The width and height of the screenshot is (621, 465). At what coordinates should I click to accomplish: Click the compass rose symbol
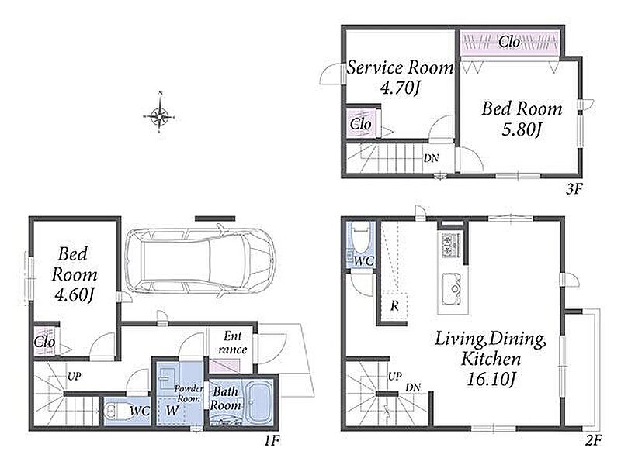(159, 117)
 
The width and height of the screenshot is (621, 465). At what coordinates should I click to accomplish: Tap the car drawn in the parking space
(200, 261)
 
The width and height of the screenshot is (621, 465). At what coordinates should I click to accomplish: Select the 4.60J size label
(74, 294)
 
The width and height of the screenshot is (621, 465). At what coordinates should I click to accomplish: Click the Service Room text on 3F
(401, 67)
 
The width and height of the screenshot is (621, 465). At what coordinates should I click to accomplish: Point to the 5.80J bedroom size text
(521, 129)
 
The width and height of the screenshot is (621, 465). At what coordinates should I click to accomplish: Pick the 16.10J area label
(491, 379)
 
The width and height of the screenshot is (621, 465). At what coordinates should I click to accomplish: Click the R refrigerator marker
(394, 306)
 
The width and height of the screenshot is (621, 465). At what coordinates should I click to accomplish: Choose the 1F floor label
(272, 440)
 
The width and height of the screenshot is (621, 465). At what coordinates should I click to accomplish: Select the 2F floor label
(594, 440)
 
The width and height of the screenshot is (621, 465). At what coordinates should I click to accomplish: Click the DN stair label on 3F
(432, 158)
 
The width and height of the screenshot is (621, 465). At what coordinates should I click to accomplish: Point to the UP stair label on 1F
(75, 376)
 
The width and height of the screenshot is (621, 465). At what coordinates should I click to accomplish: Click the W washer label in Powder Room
(172, 410)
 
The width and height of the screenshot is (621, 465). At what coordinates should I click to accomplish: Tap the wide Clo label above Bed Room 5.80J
(509, 42)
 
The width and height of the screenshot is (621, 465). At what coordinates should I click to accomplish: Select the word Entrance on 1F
(232, 343)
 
